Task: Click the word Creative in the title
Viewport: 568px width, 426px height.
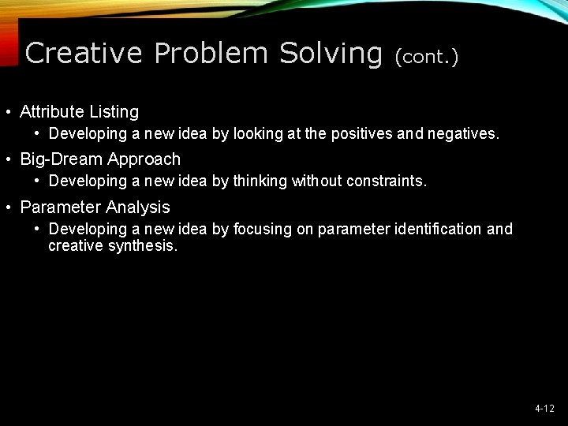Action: [x=84, y=54]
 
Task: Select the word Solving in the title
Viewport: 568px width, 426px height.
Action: [x=331, y=54]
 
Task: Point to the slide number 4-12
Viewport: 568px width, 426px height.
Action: [x=544, y=409]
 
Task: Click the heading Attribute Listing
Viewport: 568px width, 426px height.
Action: [x=79, y=111]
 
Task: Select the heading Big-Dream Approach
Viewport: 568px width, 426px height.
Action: [x=100, y=159]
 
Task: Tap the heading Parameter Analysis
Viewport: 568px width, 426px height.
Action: [x=95, y=207]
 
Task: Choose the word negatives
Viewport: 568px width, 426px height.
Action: [x=463, y=134]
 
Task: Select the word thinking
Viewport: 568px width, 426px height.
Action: [x=260, y=181]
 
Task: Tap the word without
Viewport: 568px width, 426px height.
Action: [x=317, y=181]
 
